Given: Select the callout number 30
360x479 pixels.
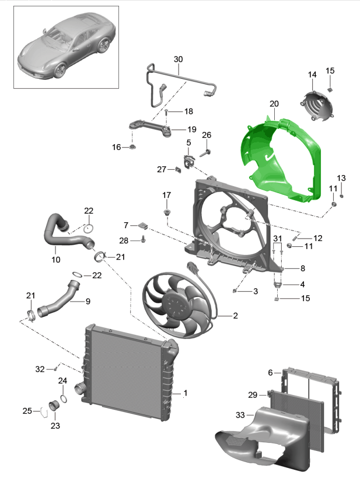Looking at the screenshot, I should (x=179, y=60).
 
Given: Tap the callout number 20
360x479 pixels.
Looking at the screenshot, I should (x=274, y=103).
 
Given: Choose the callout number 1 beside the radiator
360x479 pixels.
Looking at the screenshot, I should (x=186, y=393).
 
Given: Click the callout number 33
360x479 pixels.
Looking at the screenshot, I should (x=240, y=415).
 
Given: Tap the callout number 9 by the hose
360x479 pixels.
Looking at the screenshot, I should (x=88, y=302).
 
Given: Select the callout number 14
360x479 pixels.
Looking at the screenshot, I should (x=312, y=75).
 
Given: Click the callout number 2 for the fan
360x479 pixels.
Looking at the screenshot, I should (x=235, y=316).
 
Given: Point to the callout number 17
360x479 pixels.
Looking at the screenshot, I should (x=167, y=195).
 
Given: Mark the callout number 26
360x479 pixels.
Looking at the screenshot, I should (x=206, y=135).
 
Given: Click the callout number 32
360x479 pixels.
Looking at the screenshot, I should (x=40, y=369).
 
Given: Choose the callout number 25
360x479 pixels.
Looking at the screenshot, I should (x=27, y=411).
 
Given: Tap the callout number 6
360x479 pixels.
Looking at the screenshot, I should (x=270, y=372).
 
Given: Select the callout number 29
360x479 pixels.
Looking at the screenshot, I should (x=253, y=395).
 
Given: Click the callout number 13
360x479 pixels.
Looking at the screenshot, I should (x=341, y=178).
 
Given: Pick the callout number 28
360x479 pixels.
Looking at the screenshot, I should (x=124, y=240).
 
